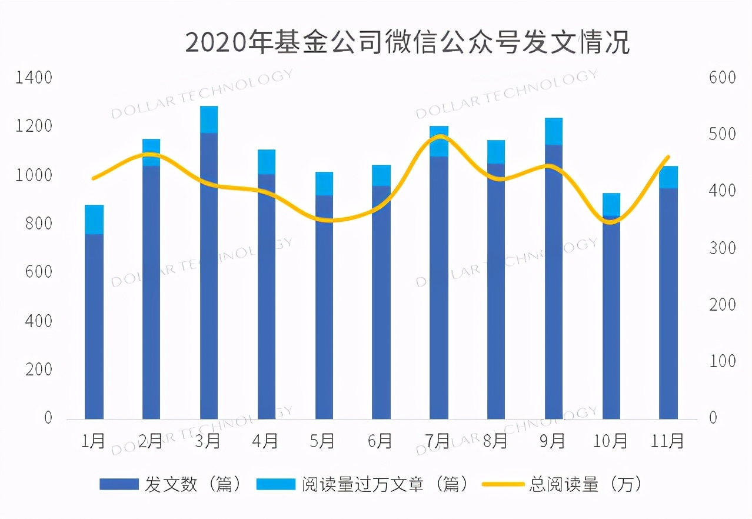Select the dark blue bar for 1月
94,327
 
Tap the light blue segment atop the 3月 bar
209,119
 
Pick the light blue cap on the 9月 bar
554,131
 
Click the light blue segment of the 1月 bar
94,219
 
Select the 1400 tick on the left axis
34,78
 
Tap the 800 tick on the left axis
38,224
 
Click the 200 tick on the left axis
38,370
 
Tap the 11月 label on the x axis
668,440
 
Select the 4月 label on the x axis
266,440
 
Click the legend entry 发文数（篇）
171,484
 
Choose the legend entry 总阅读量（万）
562,484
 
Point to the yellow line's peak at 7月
440,137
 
